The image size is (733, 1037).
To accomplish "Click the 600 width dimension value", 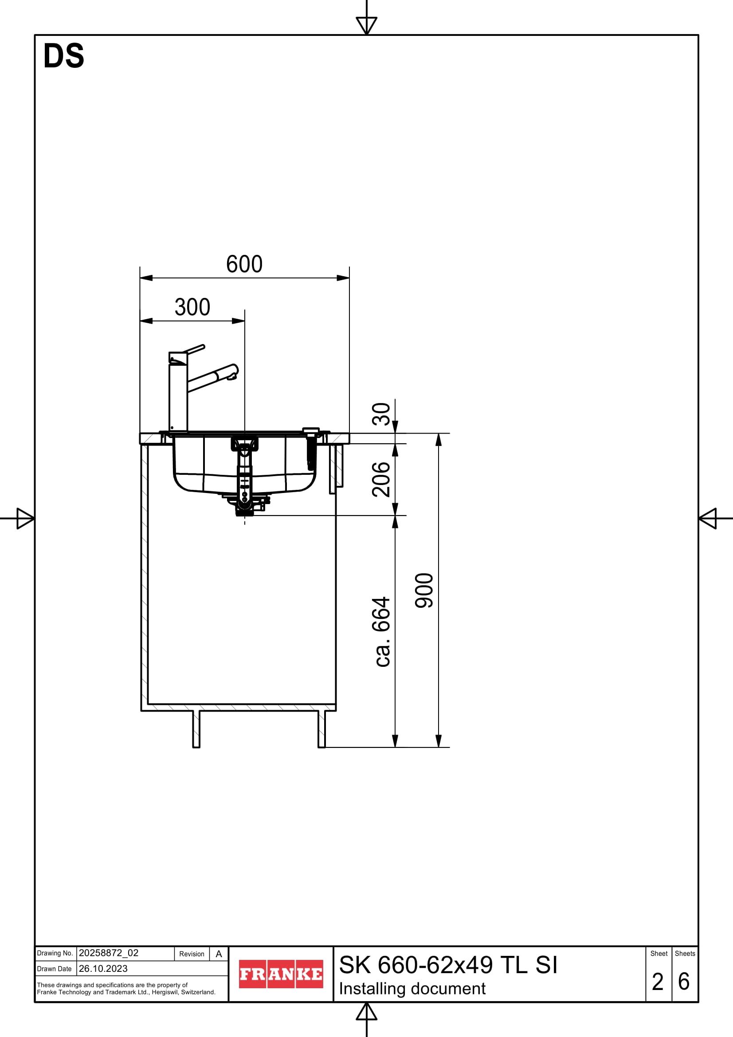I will [244, 264].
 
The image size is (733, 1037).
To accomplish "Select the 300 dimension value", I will [192, 308].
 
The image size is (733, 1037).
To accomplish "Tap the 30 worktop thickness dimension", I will [381, 414].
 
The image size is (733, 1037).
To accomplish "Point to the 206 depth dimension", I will [381, 480].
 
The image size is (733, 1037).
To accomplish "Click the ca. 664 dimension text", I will [382, 632].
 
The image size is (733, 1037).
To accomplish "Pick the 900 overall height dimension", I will [424, 591].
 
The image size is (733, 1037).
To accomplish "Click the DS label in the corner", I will [64, 56].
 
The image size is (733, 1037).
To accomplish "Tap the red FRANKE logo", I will [280, 974].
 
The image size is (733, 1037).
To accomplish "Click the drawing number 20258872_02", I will [108, 953].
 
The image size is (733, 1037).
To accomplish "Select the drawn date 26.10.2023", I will [103, 968].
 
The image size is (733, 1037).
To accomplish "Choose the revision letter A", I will [219, 954].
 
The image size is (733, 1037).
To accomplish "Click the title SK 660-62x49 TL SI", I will [448, 965].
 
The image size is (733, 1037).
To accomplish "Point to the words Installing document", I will [412, 989].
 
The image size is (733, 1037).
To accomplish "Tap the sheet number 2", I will [658, 982].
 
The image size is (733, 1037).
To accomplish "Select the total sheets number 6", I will [684, 982].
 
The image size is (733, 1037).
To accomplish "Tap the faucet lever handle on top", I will [194, 348].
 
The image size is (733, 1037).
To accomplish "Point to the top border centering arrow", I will [366, 25].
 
